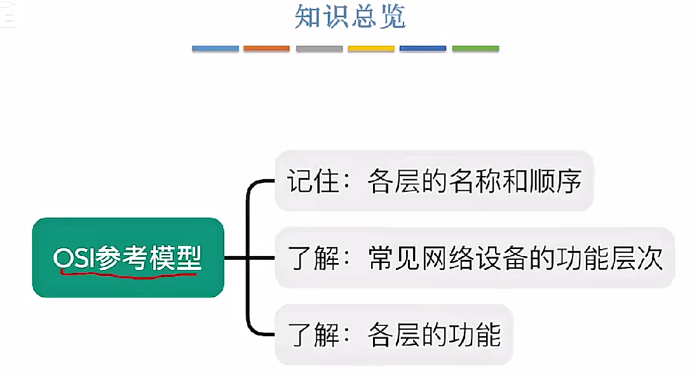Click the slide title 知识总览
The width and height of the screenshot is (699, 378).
point(349,17)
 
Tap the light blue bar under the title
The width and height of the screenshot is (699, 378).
point(215,48)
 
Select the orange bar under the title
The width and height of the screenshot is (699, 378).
point(267,48)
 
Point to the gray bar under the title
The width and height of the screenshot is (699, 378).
point(319,48)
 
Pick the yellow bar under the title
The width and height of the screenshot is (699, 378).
point(371,48)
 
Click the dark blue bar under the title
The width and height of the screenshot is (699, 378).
point(423,48)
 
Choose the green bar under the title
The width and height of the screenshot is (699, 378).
point(475,48)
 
